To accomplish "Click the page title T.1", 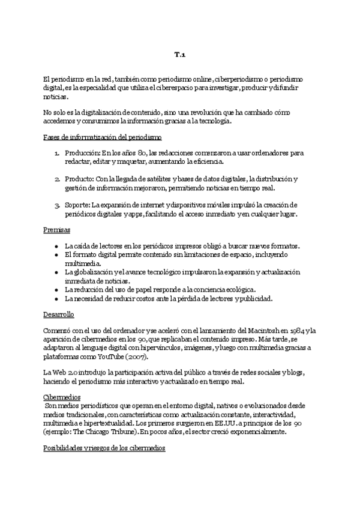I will click(180, 55).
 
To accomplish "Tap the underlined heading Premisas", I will click(57, 230).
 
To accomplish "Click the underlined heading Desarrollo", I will click(59, 314).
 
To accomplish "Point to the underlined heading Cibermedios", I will click(62, 397).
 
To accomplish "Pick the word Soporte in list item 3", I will click(78, 205).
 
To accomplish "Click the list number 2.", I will click(57, 179).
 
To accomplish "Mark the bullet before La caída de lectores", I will click(55, 246).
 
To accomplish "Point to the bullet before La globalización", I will click(55, 272).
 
